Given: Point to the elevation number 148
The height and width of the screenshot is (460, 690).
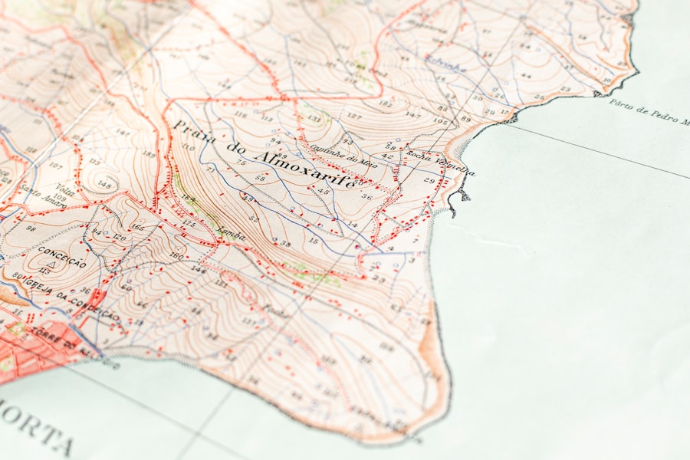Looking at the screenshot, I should click(x=105, y=185).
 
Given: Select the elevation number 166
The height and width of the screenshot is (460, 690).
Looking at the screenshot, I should click(x=137, y=226).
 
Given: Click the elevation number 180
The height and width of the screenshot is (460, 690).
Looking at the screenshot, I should click(x=176, y=255).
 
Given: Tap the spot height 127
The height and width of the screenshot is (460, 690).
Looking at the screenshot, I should click(x=353, y=116).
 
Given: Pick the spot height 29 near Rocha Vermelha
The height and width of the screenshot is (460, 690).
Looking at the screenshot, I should click(x=429, y=180).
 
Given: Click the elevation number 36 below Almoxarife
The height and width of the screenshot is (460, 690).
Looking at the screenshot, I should click(x=366, y=197).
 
